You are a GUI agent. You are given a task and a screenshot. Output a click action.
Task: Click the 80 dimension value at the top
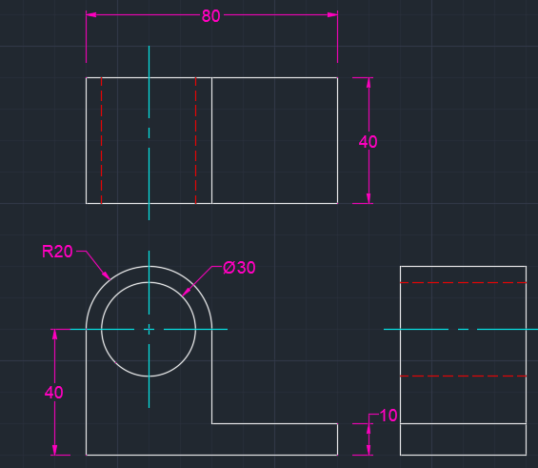coord(210,16)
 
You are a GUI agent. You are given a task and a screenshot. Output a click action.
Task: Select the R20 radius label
coord(57,252)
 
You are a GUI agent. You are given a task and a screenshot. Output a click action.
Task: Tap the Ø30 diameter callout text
coord(239,268)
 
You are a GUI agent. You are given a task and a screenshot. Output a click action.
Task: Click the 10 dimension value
coord(389,416)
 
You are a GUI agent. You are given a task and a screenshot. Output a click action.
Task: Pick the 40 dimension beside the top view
coord(368,141)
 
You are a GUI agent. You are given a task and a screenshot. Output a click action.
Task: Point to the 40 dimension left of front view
coord(54,392)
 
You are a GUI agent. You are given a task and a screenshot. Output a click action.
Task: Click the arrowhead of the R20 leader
coord(107,275)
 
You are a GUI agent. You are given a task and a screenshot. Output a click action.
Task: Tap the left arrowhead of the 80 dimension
coord(90,14)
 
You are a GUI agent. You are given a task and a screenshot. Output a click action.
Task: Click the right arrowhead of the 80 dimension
coord(332,14)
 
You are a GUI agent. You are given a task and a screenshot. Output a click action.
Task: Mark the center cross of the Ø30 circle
coord(149,329)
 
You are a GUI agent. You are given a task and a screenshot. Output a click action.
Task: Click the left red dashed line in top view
coord(101,140)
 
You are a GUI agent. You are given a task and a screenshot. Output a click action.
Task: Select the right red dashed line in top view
coord(195,140)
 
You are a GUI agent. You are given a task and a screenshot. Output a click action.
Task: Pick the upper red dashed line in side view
coord(463,282)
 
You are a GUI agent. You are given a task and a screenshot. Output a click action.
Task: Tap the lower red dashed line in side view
coord(463,376)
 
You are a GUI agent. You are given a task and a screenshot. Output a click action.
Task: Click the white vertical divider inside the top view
coord(211,140)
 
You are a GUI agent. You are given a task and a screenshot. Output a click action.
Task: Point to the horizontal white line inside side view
coord(463,424)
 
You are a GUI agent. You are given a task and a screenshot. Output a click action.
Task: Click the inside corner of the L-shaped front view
coord(211,424)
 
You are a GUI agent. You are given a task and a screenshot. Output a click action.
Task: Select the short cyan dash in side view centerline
coord(463,329)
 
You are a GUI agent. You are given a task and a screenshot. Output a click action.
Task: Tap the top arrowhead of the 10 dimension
coord(369,429)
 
